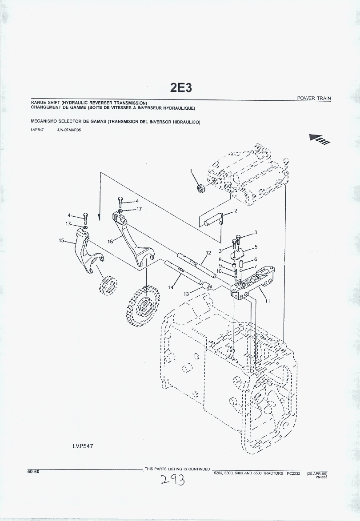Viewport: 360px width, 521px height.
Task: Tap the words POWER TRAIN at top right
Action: [314, 98]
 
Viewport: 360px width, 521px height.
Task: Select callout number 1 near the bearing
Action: [191, 171]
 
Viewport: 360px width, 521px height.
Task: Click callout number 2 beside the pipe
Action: [236, 211]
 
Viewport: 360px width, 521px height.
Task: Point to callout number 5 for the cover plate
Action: [256, 247]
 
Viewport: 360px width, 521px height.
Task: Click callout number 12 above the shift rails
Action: [208, 253]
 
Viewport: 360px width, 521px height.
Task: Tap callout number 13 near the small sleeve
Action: [187, 294]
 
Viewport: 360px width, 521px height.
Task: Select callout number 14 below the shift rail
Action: [170, 287]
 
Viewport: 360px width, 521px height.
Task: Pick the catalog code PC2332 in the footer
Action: [293, 473]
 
